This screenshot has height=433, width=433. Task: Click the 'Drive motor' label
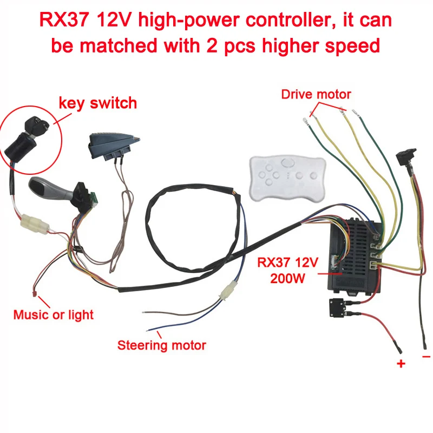[316, 94]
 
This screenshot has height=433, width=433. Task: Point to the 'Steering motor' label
[162, 344]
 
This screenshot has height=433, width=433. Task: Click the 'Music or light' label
[53, 314]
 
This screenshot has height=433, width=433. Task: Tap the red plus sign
[401, 364]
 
